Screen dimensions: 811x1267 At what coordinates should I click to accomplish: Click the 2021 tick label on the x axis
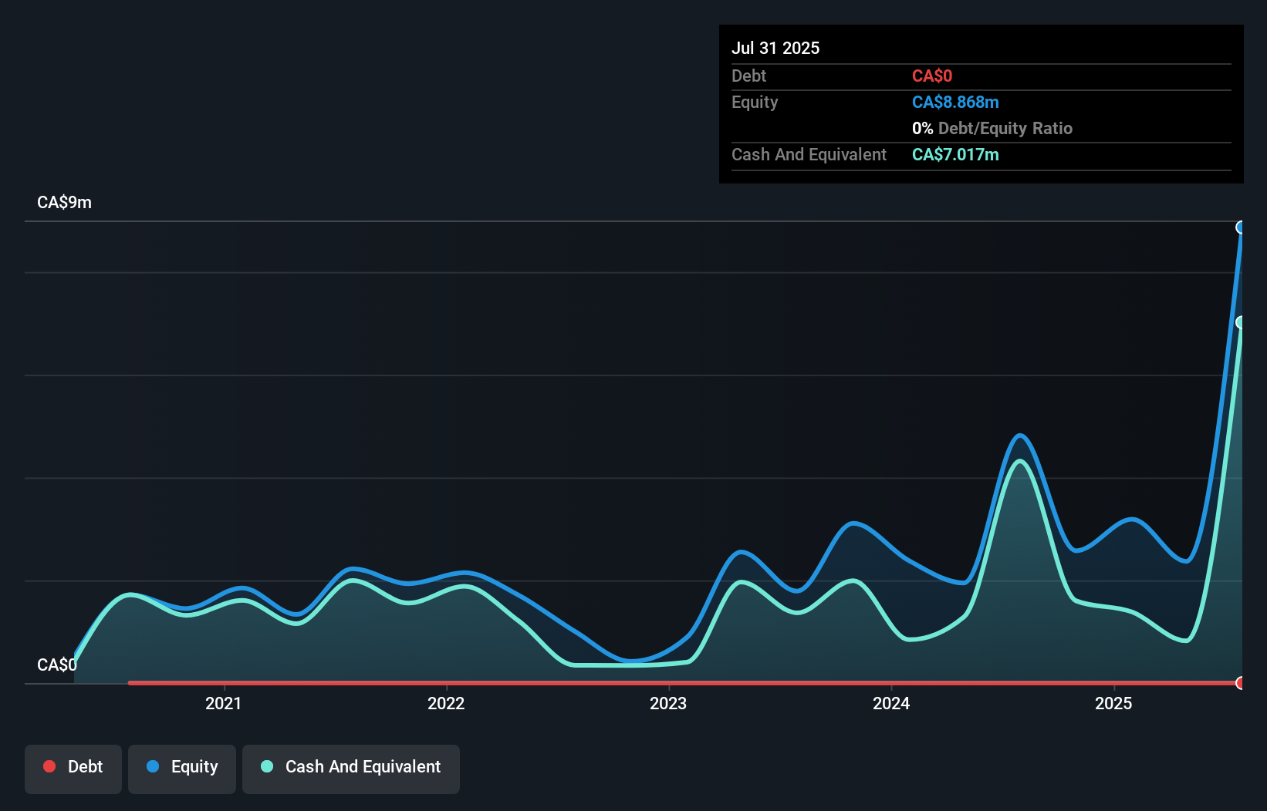coord(223,703)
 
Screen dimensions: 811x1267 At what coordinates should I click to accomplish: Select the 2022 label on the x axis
coord(446,703)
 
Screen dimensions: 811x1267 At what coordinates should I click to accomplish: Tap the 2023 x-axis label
coord(668,703)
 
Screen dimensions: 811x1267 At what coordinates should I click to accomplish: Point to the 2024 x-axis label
coord(891,703)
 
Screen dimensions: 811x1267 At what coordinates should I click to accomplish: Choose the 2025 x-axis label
coord(1113,703)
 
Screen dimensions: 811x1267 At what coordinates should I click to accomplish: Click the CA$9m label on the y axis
coord(64,203)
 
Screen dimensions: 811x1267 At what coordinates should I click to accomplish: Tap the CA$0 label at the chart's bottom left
coord(56,665)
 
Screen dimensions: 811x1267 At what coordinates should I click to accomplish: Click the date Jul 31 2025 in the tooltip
coord(775,48)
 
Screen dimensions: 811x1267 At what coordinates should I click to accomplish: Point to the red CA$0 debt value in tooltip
coord(931,76)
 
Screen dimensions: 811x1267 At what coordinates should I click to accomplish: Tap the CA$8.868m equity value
coord(954,102)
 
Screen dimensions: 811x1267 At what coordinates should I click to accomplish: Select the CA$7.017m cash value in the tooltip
coord(954,154)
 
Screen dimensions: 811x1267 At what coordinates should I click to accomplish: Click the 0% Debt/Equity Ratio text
coord(992,128)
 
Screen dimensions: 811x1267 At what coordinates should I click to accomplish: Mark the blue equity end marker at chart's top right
coord(1241,227)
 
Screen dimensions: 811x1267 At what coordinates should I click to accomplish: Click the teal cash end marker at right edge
coord(1241,322)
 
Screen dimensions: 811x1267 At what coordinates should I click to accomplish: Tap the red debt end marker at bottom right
coord(1241,683)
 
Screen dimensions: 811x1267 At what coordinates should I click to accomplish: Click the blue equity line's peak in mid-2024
coord(1020,436)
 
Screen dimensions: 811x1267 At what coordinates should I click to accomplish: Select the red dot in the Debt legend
coord(49,766)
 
